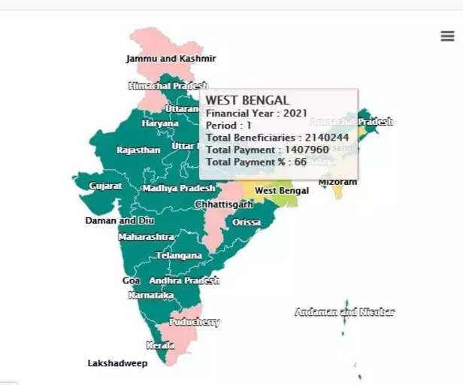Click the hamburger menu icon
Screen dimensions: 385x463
(447, 36)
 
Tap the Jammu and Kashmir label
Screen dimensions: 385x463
(171, 59)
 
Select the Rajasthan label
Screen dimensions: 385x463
(138, 150)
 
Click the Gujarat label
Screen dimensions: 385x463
(105, 186)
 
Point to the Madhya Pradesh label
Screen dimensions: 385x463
(179, 188)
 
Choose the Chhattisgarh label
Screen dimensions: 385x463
(224, 205)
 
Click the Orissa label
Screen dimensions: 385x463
(247, 223)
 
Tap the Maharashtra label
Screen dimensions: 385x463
(147, 237)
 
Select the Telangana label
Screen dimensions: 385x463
(178, 256)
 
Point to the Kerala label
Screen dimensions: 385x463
(160, 345)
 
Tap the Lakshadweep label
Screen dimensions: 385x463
(117, 363)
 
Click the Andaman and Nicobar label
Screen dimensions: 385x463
(344, 312)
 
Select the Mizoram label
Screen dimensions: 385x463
(337, 182)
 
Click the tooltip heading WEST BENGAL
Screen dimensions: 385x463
(247, 100)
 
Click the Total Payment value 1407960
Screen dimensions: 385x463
(307, 150)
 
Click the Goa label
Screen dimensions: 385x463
(131, 280)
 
